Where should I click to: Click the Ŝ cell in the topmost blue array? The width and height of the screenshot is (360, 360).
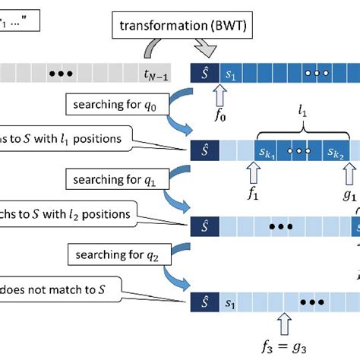203,74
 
